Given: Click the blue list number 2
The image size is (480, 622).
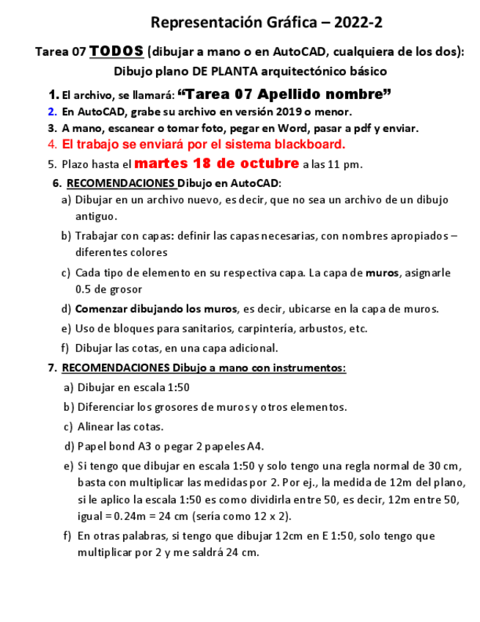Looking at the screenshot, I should (52, 111).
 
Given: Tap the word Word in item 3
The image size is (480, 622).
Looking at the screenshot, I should (277, 128).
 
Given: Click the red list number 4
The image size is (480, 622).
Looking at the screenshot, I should (52, 144).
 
